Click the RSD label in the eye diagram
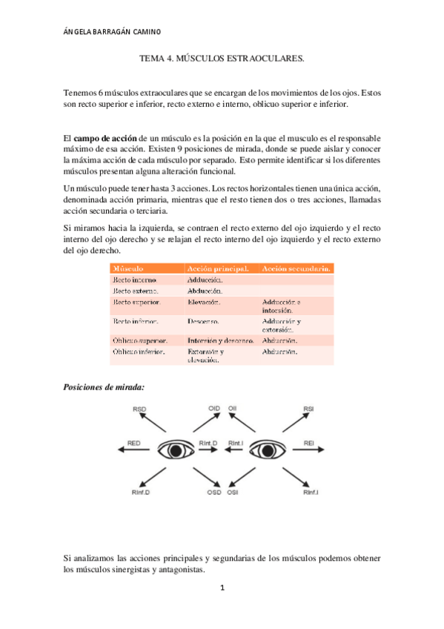pyautogui.click(x=139, y=409)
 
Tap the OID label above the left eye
pyautogui.click(x=213, y=409)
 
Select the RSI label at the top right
pyautogui.click(x=309, y=409)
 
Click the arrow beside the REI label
pyautogui.click(x=311, y=450)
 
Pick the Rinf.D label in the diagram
pyautogui.click(x=142, y=492)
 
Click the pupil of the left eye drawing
pyautogui.click(x=176, y=450)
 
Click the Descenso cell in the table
pyautogui.click(x=205, y=322)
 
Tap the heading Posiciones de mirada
pyautogui.click(x=104, y=387)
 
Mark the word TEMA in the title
pyautogui.click(x=153, y=57)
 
